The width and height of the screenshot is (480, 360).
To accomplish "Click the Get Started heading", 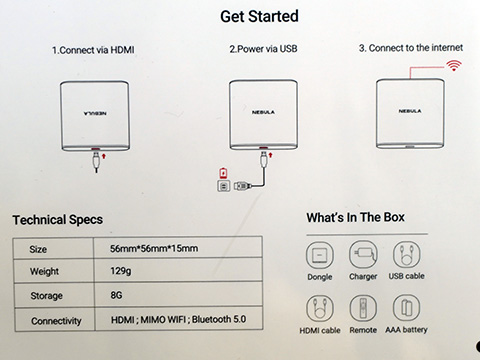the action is pos(259,16).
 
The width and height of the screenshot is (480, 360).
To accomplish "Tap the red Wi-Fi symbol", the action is pos(454,66).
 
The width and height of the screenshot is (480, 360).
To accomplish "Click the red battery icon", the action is pos(223,173).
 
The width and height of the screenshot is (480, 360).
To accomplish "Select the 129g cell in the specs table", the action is pos(121,271).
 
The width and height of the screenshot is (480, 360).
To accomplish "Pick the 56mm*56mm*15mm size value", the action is pos(154,248).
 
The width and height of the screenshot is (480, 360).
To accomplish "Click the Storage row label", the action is pos(46,296).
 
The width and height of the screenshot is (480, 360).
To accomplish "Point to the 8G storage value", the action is pos(116,295).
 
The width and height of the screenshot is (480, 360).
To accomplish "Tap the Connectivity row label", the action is pos(56,321).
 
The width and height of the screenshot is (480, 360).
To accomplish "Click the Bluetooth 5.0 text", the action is pos(219,319).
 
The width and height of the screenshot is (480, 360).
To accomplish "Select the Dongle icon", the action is pos(320,255).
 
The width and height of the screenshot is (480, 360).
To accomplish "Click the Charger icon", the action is pos(363,255).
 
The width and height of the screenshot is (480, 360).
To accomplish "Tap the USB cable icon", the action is pos(407,255).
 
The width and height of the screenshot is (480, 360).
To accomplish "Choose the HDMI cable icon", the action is pos(320,308).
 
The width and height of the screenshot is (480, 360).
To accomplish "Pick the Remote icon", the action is pos(363,308).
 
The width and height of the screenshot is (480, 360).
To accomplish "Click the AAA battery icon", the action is pos(406,308).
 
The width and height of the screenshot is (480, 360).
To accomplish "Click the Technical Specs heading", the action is pos(58,220).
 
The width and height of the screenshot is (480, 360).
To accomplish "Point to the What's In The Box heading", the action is pos(356,217).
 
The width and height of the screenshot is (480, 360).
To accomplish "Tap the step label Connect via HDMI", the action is pos(93,50).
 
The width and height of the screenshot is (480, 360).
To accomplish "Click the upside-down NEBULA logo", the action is pos(95,114).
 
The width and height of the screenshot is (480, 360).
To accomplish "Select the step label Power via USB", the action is pos(263,49).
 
